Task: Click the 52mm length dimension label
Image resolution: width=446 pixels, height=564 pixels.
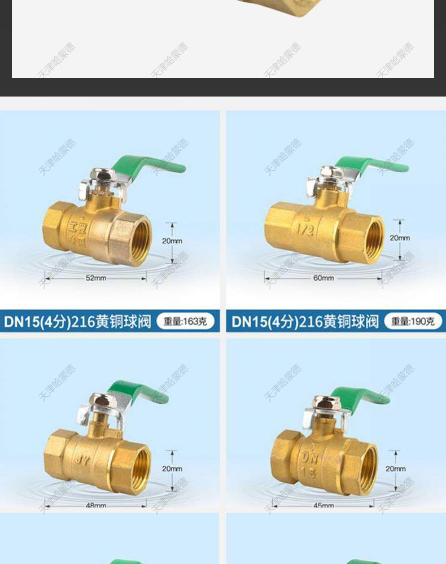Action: pyautogui.click(x=96, y=278)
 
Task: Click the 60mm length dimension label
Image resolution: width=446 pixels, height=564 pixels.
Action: pyautogui.click(x=323, y=278)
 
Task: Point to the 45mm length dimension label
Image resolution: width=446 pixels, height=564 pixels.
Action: pyautogui.click(x=323, y=506)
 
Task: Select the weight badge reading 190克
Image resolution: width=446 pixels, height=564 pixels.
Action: pyautogui.click(x=413, y=322)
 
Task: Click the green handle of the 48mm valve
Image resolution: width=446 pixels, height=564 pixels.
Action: pyautogui.click(x=138, y=392)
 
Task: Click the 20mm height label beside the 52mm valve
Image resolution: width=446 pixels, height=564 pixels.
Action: pyautogui.click(x=172, y=241)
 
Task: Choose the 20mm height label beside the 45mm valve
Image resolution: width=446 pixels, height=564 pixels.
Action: pyautogui.click(x=395, y=469)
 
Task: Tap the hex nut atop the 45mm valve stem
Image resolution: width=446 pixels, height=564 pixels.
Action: pyautogui.click(x=323, y=403)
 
